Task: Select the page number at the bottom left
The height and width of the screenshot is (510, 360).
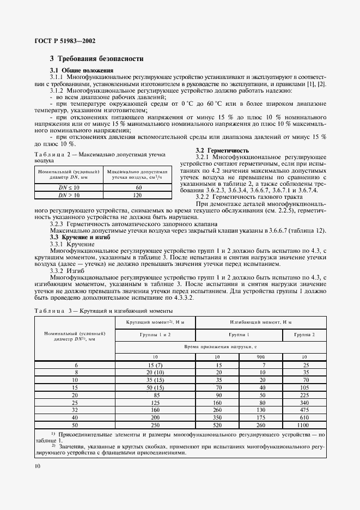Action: coord(37,466)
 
